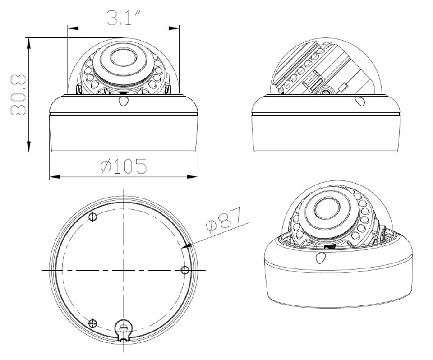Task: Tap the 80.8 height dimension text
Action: coord(18,95)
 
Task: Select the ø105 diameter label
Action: coord(124,166)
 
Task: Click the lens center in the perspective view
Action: coord(327,208)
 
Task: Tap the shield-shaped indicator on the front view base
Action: coord(123,101)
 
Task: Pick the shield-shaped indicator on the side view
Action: coord(359,101)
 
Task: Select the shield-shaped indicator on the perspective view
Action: coord(321,258)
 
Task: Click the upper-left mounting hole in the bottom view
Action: coord(93,217)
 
